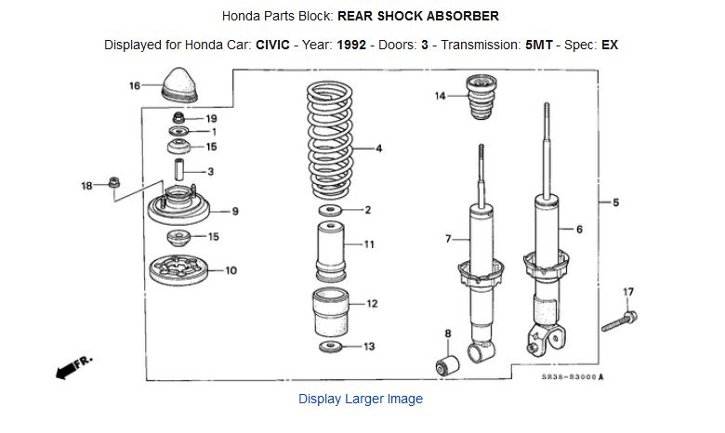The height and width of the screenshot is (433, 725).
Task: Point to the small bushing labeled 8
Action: [448, 363]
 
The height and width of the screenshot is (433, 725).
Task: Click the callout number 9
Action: [235, 212]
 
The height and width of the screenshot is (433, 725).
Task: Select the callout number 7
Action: [448, 240]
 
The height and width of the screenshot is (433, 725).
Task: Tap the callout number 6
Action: [579, 230]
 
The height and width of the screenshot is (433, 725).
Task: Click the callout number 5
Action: [615, 203]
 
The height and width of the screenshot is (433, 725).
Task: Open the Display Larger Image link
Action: [361, 399]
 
